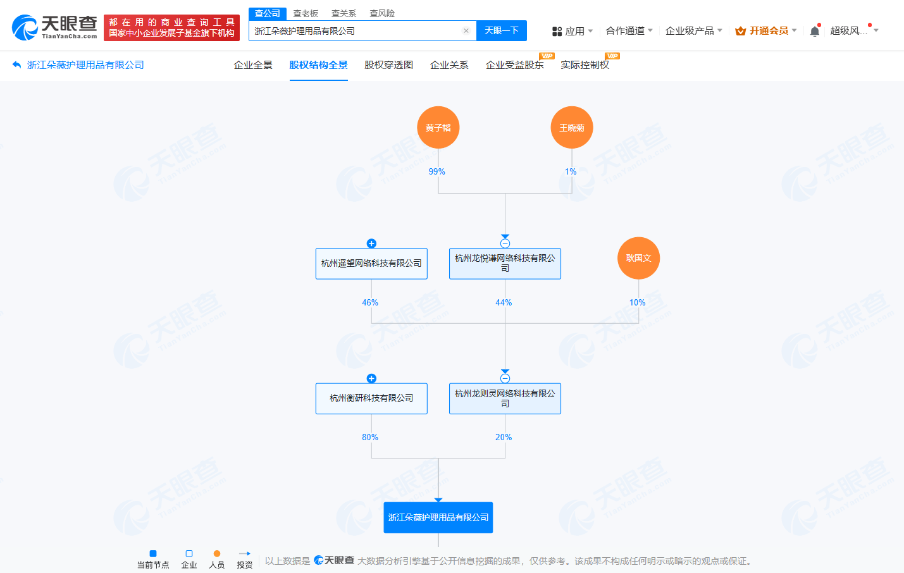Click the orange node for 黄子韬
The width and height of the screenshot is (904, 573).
click(x=438, y=128)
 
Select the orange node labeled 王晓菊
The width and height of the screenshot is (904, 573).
click(x=572, y=128)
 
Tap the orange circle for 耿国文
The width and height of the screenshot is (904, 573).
click(x=638, y=258)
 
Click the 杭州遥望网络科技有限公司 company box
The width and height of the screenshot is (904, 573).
click(x=371, y=264)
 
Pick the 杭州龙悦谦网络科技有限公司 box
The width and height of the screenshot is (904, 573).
click(x=505, y=264)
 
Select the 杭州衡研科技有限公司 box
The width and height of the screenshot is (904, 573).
click(x=371, y=398)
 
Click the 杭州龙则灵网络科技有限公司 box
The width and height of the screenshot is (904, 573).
click(x=505, y=398)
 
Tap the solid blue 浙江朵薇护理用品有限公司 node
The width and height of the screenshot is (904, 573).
click(x=438, y=517)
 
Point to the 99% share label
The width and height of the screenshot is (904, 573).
click(x=437, y=171)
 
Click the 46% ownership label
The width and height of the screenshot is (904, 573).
click(x=370, y=302)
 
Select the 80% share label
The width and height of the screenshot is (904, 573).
click(x=370, y=437)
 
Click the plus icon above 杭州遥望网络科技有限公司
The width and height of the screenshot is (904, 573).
click(x=371, y=243)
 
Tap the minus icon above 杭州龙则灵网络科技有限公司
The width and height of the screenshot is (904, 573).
click(x=505, y=378)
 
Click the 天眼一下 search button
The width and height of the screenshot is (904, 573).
click(x=502, y=30)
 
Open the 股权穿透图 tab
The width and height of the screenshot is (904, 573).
click(x=388, y=65)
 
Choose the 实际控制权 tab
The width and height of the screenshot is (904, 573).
click(x=585, y=65)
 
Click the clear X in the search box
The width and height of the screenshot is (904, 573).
click(x=466, y=30)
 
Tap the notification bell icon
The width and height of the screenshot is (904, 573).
click(x=815, y=31)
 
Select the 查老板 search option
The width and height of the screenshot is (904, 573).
click(x=306, y=13)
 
